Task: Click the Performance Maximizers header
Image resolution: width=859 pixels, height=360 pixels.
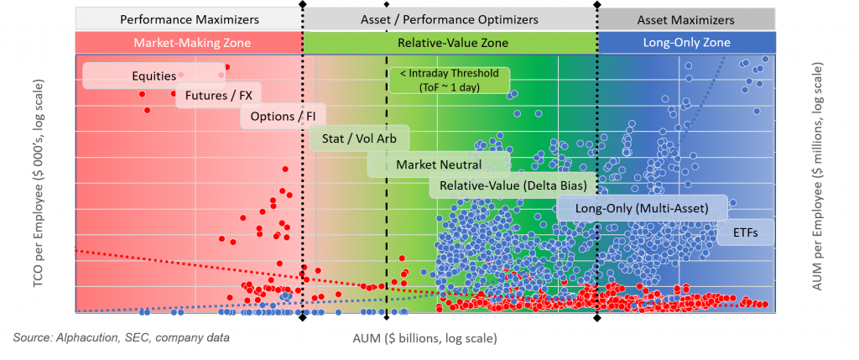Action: [190, 18]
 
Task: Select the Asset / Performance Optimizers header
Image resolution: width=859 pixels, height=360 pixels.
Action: [450, 18]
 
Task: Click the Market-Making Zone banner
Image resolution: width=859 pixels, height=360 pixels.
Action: [190, 42]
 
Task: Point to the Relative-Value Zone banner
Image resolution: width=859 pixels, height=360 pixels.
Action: [450, 42]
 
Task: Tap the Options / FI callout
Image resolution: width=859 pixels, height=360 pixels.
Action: [284, 116]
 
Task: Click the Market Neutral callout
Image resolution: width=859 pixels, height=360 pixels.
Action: [439, 164]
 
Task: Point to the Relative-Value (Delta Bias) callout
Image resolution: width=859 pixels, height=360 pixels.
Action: [513, 185]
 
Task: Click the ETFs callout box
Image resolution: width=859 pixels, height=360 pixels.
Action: [740, 232]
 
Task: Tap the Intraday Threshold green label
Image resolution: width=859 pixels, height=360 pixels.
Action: [449, 81]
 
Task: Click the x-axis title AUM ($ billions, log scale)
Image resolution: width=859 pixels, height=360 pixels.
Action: [424, 338]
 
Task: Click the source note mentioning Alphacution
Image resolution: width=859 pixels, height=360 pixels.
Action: [122, 337]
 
